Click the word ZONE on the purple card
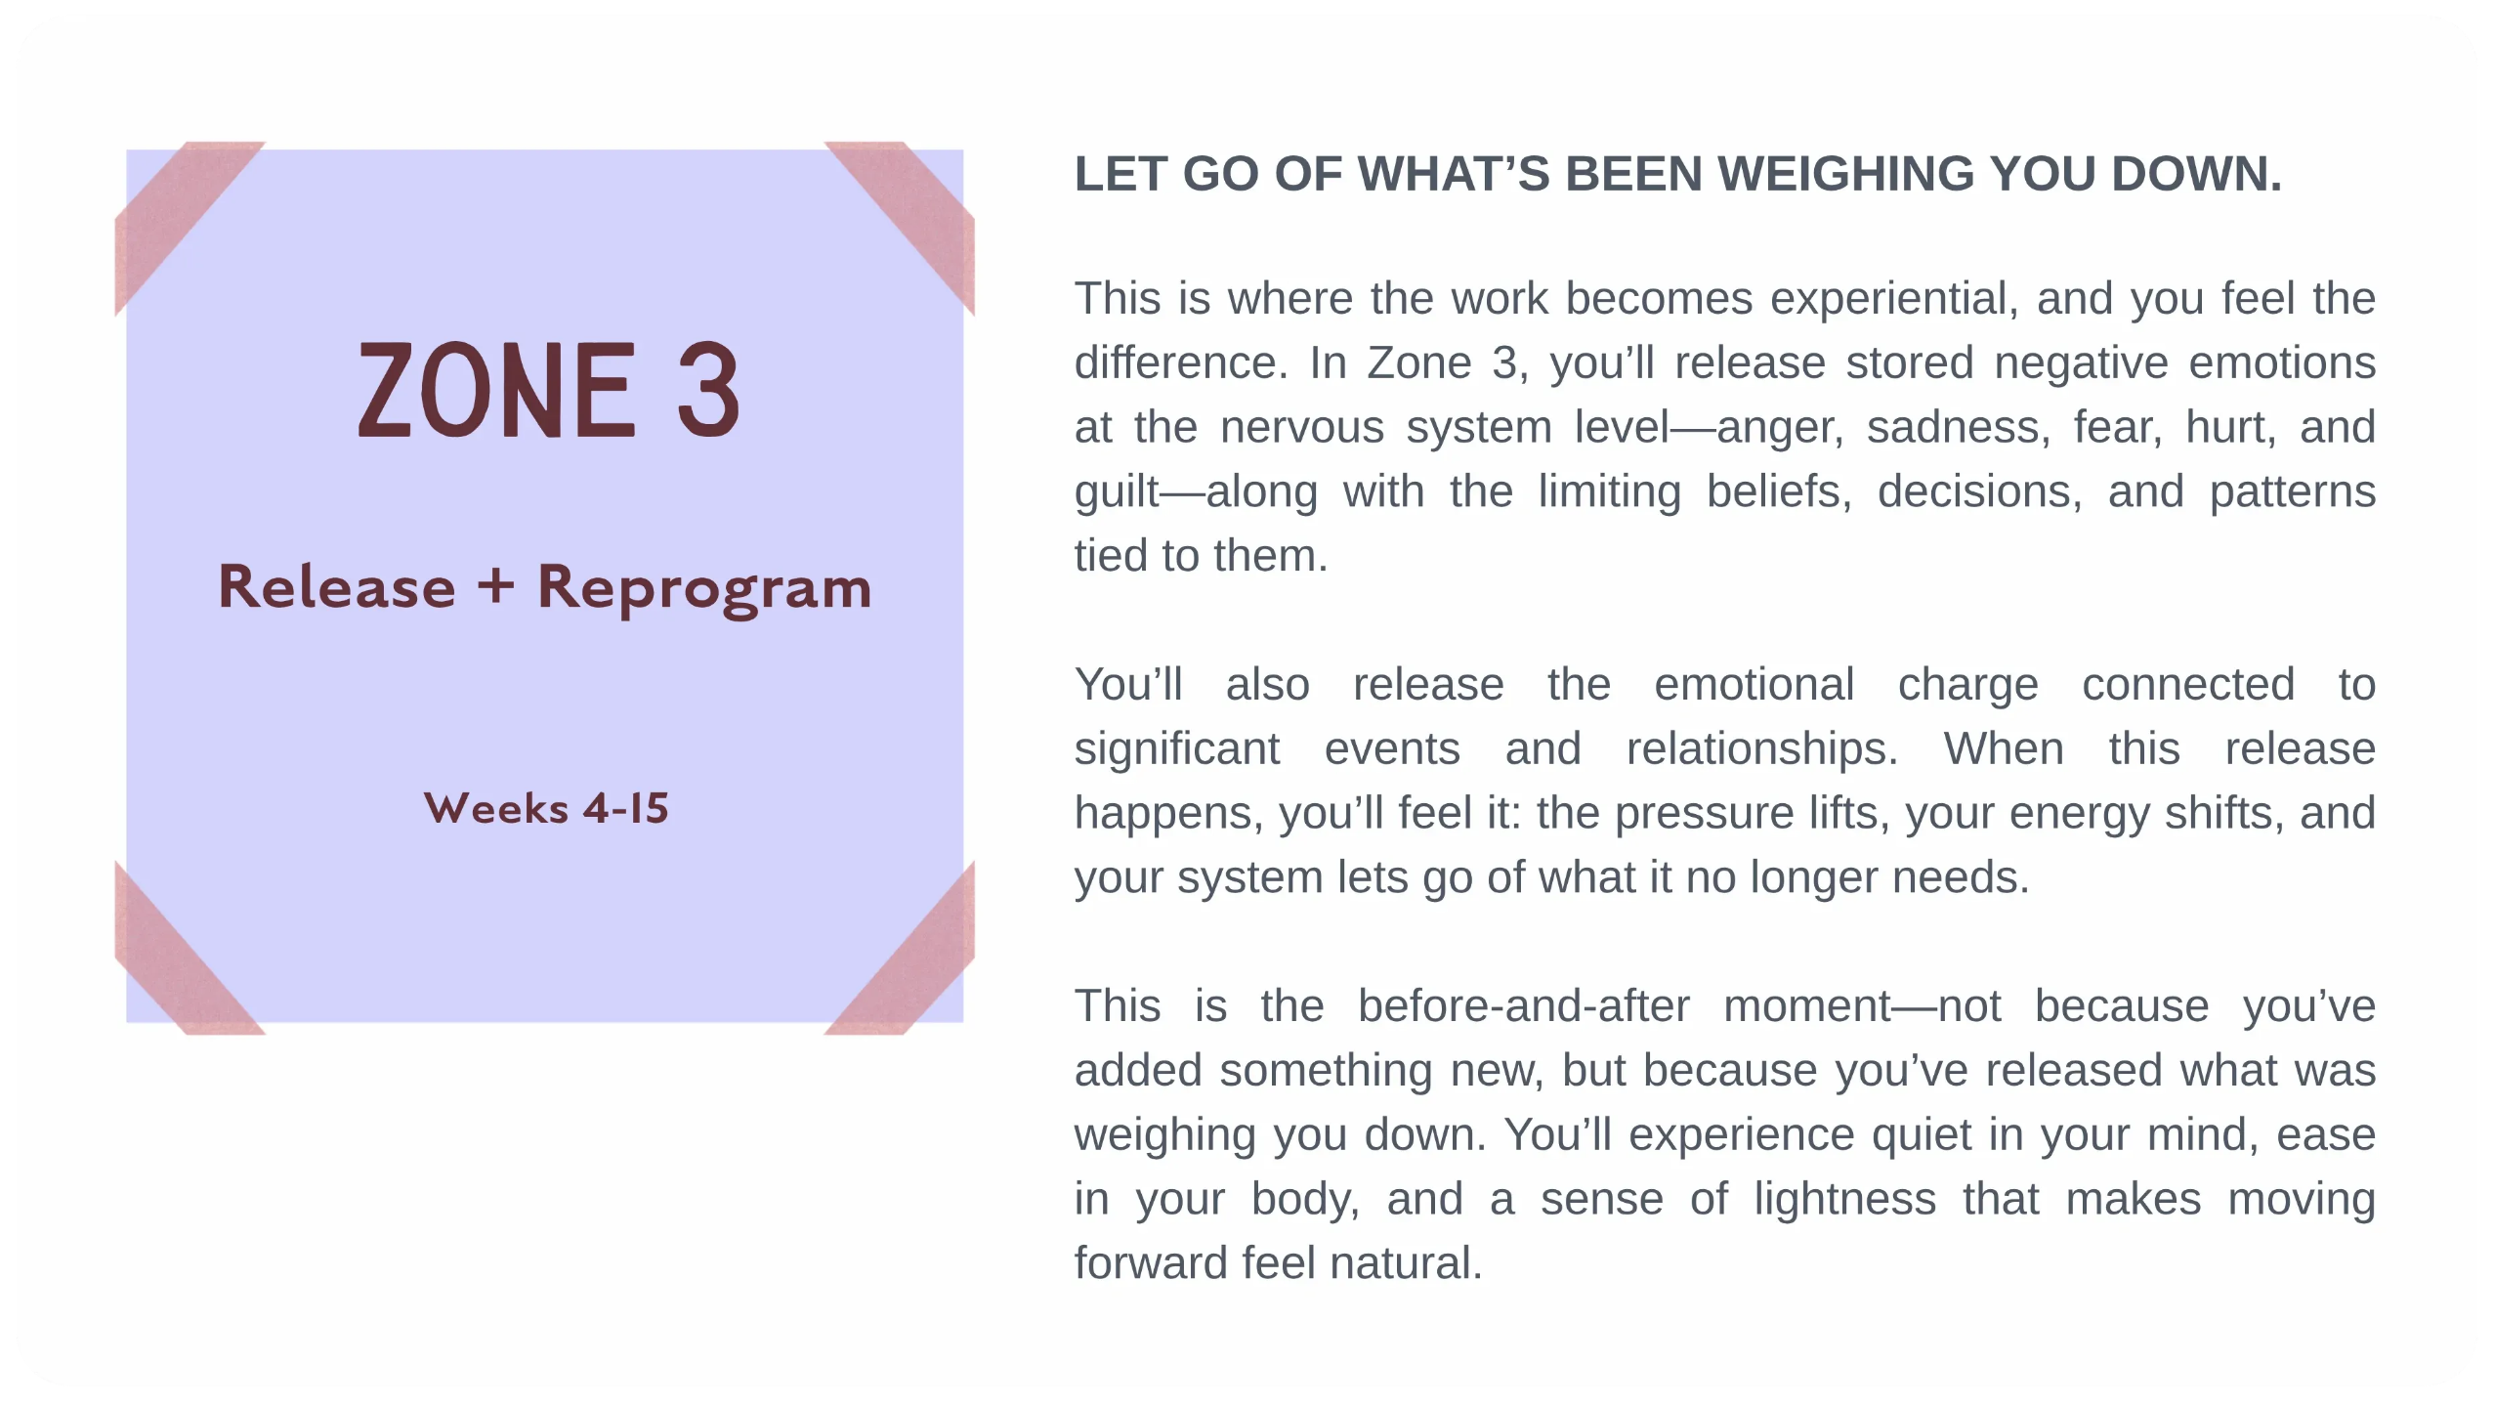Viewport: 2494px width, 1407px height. tap(497, 390)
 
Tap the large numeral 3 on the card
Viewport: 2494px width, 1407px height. tap(708, 390)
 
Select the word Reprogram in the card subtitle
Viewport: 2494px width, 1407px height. tap(704, 588)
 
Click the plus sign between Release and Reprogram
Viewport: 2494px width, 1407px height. tap(495, 586)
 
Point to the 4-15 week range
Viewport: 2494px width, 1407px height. tap(626, 809)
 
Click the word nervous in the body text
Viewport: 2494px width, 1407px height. tap(1302, 428)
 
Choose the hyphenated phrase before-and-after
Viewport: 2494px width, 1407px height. tap(1523, 1006)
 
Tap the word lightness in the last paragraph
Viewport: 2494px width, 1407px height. tap(1844, 1199)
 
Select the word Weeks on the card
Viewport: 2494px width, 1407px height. tap(496, 809)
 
